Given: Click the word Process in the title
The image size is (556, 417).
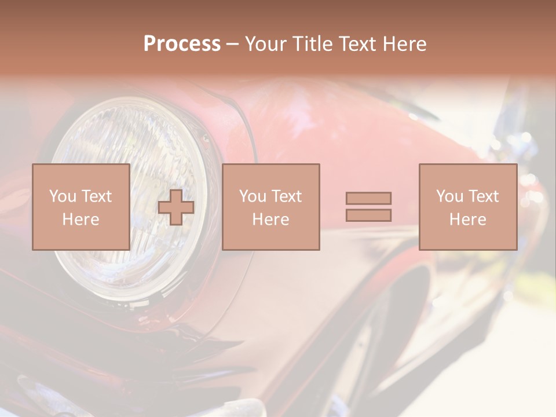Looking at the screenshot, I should tap(182, 44).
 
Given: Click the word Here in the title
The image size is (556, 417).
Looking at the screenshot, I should tap(406, 44).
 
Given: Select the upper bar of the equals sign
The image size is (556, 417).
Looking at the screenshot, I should tap(368, 198).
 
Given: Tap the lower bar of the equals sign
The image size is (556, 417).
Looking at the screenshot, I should tap(368, 215).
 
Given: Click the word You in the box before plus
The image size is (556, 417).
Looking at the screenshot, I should tap(62, 196).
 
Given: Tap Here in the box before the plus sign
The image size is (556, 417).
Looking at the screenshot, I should tap(81, 220).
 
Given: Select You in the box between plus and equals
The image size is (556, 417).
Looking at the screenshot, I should tap(253, 196).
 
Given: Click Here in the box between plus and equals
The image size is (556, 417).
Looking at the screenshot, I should tap(271, 220).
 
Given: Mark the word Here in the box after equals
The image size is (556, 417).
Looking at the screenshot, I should tap(468, 220).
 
